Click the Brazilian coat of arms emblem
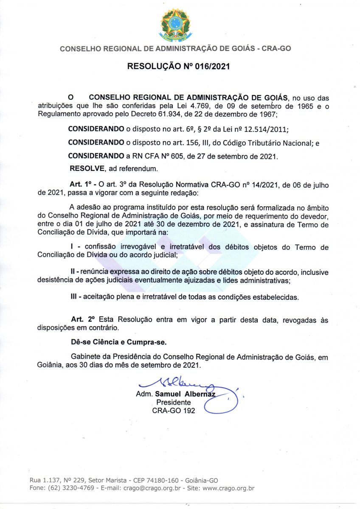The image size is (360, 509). point(175,25)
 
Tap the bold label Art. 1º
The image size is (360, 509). point(81,185)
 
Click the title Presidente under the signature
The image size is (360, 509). point(174,402)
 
